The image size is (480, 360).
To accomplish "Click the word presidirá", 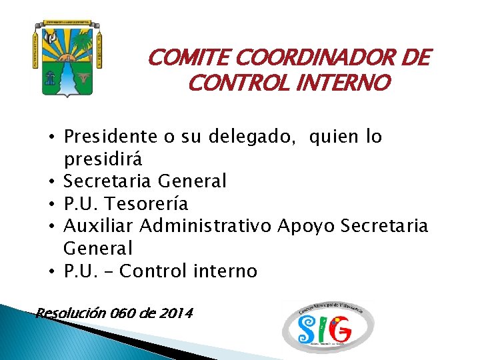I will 103,160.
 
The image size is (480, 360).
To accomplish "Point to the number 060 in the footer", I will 125,312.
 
